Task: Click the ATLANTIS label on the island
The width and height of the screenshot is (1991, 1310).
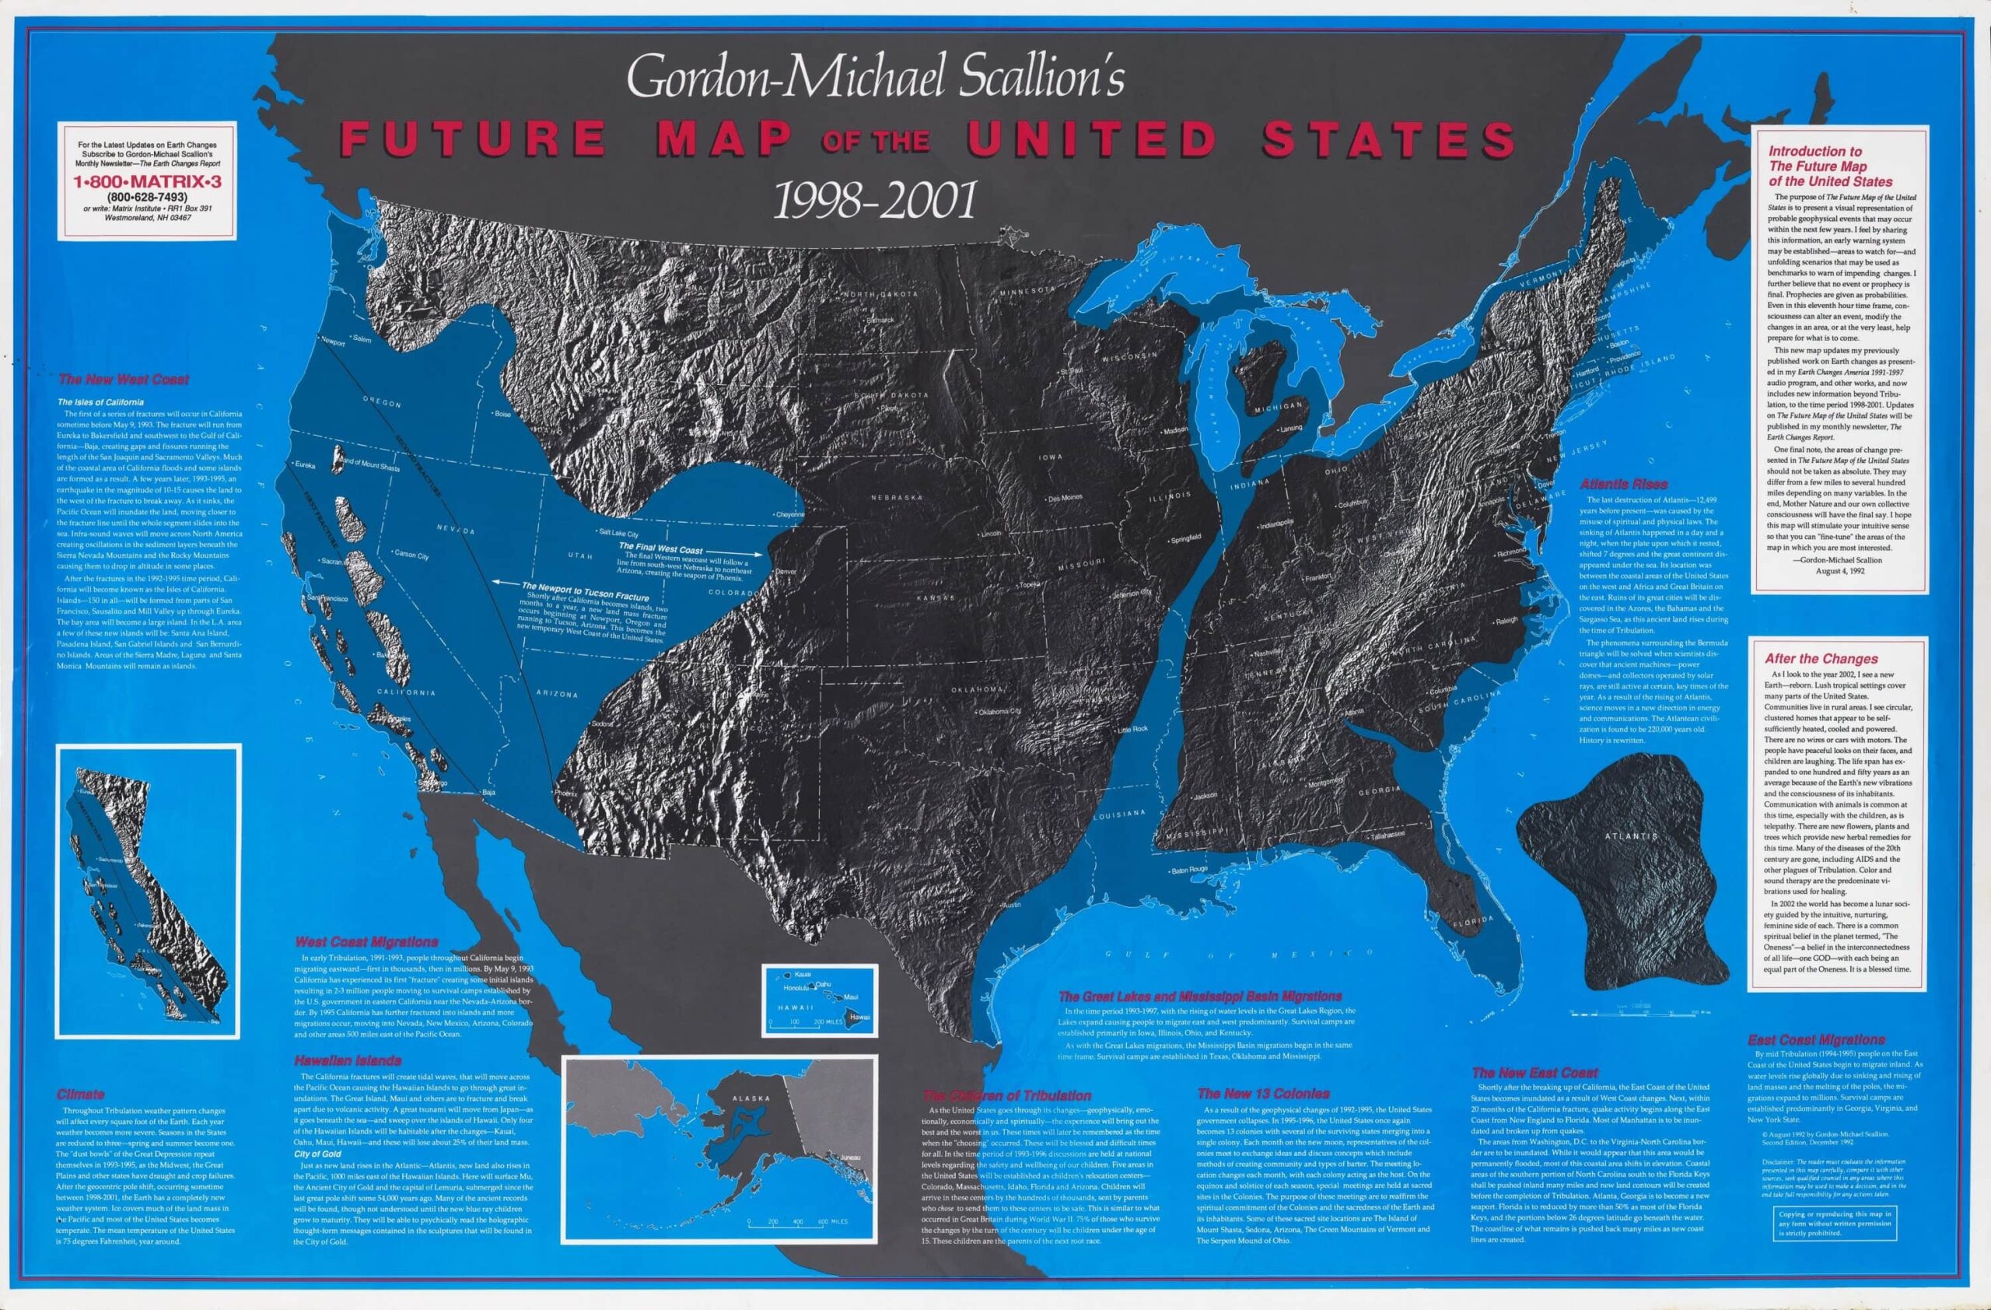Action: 1631,835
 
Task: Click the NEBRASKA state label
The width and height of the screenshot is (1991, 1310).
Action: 896,497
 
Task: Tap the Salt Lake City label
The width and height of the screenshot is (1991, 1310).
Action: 620,532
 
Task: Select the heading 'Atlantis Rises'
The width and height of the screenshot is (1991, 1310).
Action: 1623,485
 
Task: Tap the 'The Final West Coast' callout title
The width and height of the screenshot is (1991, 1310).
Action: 660,550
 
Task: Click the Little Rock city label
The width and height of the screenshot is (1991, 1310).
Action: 1135,730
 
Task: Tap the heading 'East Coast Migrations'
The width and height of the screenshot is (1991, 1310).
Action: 1815,1040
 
